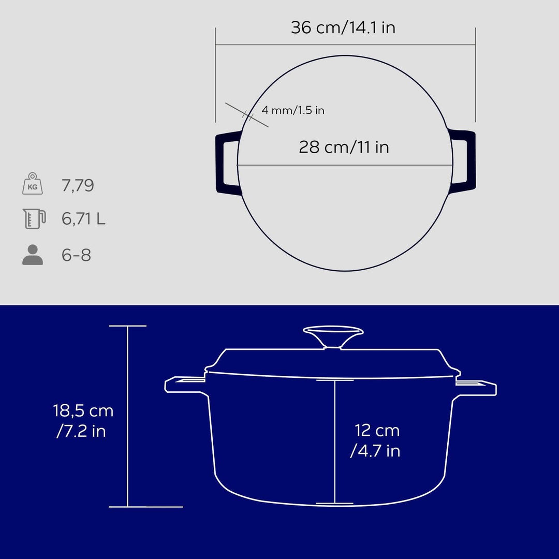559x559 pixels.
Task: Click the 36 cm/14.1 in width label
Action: (343, 27)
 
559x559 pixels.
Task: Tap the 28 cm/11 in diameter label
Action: (344, 147)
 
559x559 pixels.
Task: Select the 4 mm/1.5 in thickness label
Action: (292, 110)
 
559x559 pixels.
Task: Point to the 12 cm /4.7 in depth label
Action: (377, 440)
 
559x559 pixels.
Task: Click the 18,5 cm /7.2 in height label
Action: (83, 420)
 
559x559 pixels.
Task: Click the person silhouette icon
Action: (33, 255)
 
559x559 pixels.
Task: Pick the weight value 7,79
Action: (78, 185)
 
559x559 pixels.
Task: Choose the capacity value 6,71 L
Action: (83, 219)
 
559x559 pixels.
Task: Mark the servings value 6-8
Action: (76, 255)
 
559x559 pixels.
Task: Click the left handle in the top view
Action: (227, 163)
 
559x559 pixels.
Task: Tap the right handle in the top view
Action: (464, 157)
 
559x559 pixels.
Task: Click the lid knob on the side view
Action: (333, 335)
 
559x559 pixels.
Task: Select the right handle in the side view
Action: (476, 386)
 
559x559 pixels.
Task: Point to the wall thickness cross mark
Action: (247, 115)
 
